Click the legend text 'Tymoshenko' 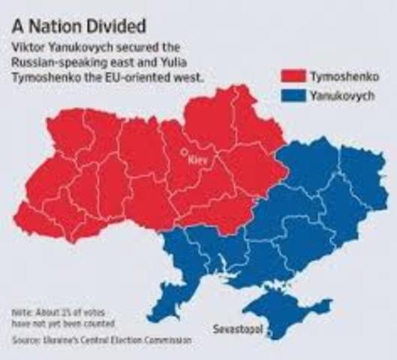(350, 76)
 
